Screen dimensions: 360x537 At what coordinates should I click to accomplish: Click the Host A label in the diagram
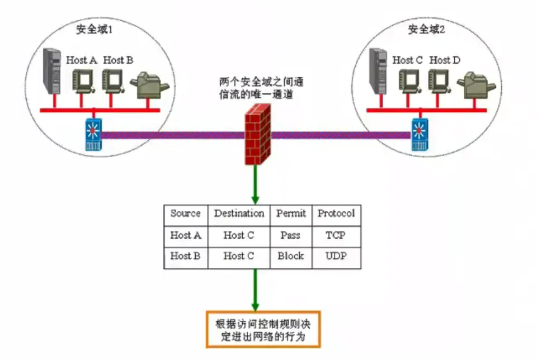[82, 60]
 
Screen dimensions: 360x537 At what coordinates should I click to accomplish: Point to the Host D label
[445, 60]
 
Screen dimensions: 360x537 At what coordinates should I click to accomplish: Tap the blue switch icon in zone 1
[93, 134]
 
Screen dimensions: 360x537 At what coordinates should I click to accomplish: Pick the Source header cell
[185, 214]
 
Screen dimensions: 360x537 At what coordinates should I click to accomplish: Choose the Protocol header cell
[336, 214]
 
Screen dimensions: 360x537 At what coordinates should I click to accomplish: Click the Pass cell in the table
[290, 235]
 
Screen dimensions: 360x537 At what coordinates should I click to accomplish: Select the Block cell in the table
[290, 256]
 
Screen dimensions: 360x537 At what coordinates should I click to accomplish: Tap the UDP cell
[336, 256]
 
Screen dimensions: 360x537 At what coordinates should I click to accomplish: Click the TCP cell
[336, 235]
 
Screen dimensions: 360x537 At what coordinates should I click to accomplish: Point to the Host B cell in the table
[185, 256]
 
